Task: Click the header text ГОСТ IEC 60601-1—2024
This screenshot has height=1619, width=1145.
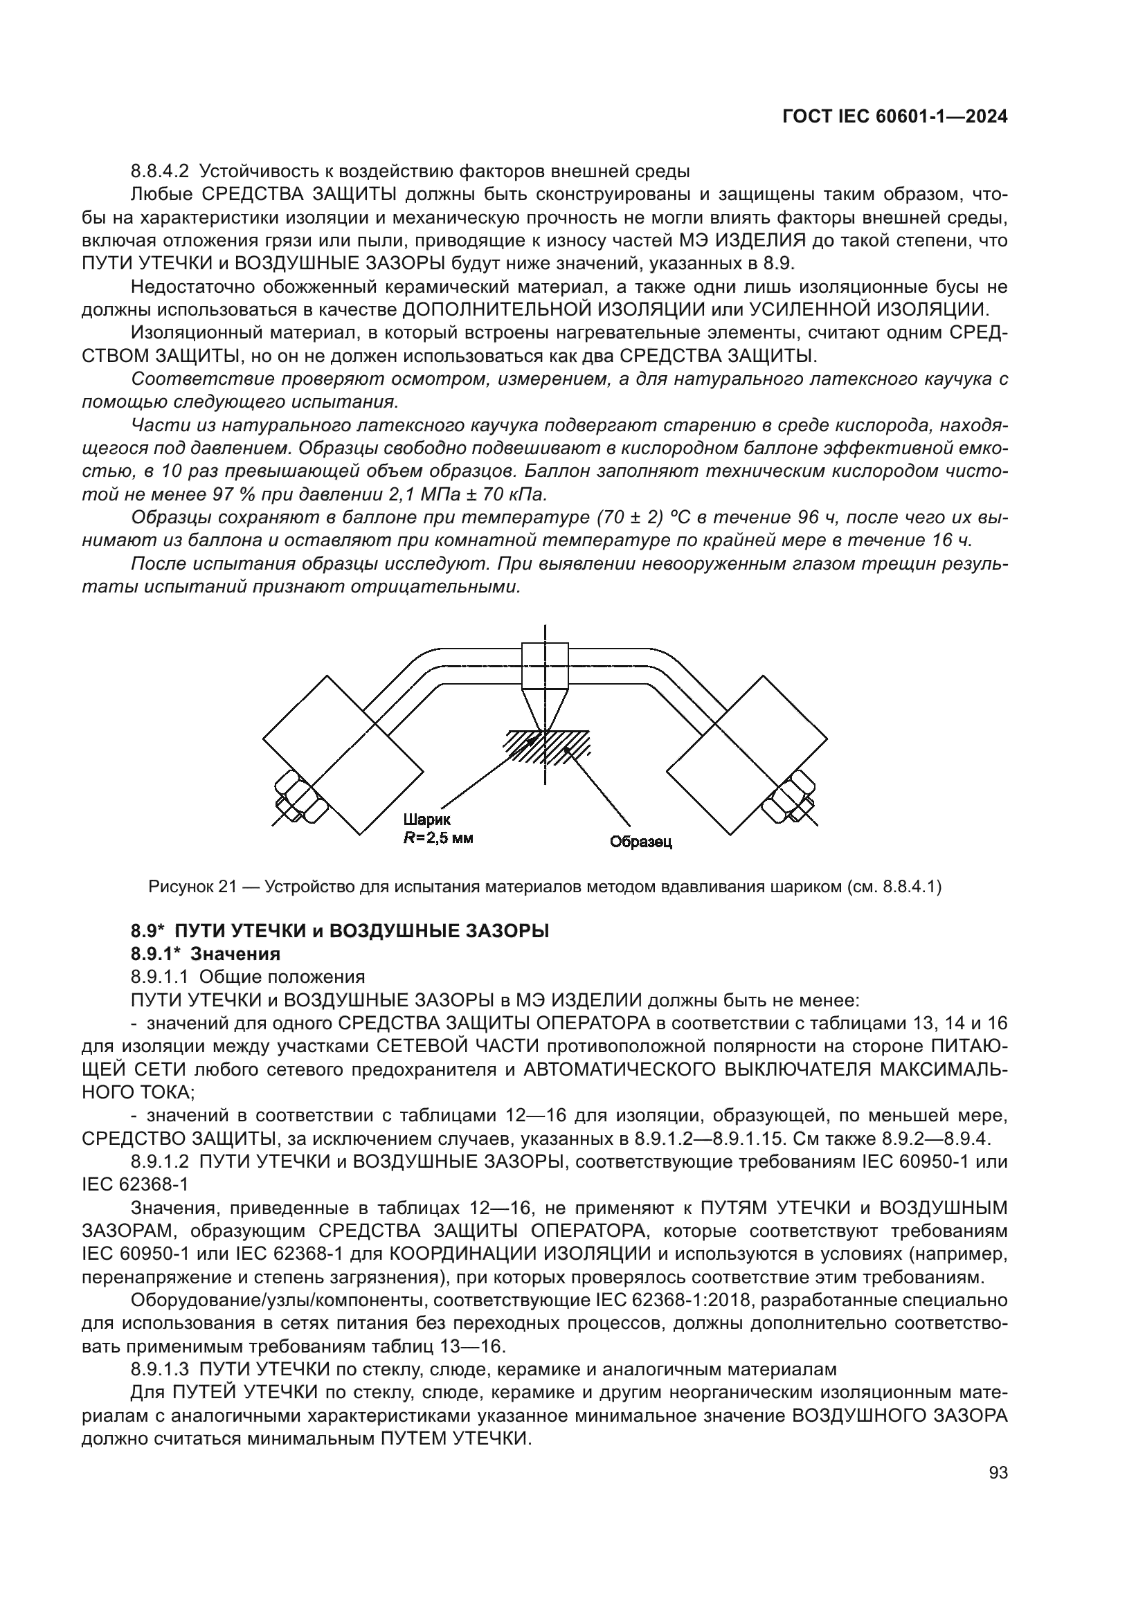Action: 894,117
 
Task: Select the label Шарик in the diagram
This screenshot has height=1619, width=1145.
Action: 426,820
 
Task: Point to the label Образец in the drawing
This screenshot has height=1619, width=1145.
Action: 640,842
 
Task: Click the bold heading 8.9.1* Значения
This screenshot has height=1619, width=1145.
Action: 205,954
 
